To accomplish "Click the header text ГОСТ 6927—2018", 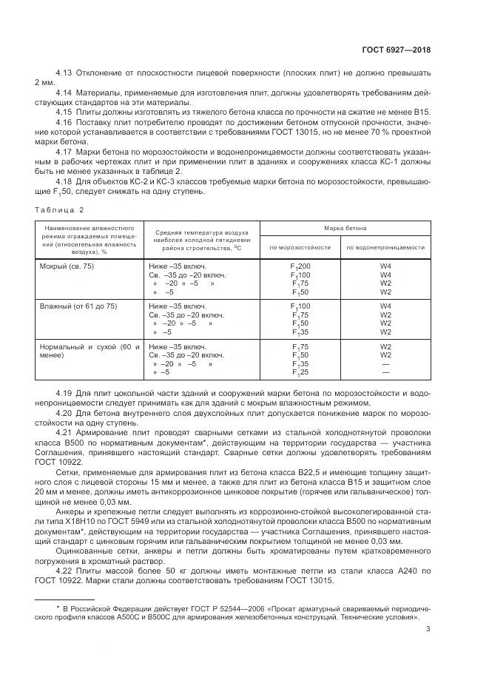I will (x=397, y=50).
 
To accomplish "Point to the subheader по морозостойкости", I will (x=300, y=247).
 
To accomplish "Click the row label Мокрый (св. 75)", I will (x=66, y=265).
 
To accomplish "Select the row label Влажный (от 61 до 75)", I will (x=77, y=306).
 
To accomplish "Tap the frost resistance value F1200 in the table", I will (x=300, y=265).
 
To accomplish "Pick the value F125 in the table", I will (x=300, y=373).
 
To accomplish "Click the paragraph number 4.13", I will (x=64, y=74).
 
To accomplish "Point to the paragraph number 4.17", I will (x=64, y=151).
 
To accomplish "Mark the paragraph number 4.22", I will (x=64, y=570).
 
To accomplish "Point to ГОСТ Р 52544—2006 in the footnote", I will (x=188, y=606).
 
